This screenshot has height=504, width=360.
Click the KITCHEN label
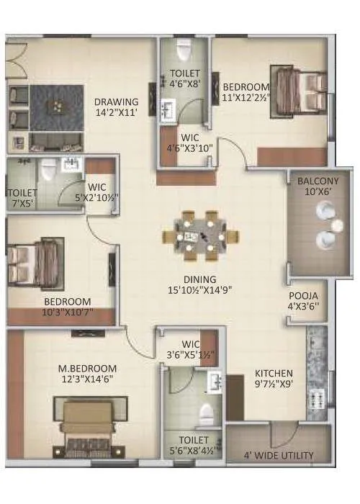(274, 373)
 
